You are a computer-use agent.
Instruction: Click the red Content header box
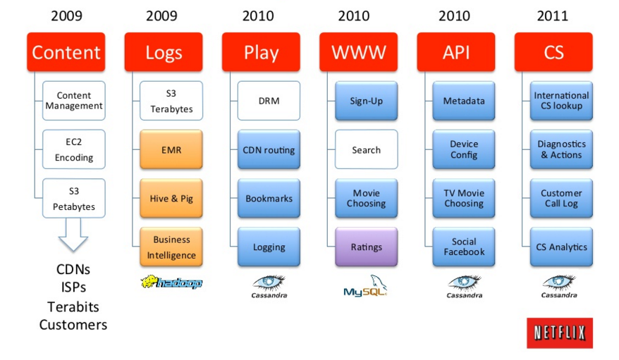pyautogui.click(x=66, y=52)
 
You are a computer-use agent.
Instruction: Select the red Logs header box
pyautogui.click(x=164, y=52)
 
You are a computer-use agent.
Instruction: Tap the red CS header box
pyautogui.click(x=553, y=52)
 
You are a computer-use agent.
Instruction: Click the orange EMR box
pyautogui.click(x=171, y=149)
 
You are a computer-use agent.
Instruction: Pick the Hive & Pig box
pyautogui.click(x=171, y=199)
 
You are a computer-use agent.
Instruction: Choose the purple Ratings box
pyautogui.click(x=367, y=247)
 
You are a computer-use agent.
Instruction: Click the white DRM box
pyautogui.click(x=269, y=101)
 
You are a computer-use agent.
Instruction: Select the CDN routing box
pyautogui.click(x=269, y=149)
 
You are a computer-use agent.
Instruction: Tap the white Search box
pyautogui.click(x=367, y=149)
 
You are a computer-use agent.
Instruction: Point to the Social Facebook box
pyautogui.click(x=464, y=247)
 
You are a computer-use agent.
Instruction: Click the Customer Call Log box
pyautogui.click(x=561, y=199)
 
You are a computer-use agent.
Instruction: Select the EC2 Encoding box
pyautogui.click(x=74, y=149)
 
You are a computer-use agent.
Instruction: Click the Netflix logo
pyautogui.click(x=560, y=333)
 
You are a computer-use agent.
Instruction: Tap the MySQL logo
pyautogui.click(x=365, y=286)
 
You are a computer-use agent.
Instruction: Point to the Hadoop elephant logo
pyautogui.click(x=171, y=282)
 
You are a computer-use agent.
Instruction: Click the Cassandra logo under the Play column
pyautogui.click(x=269, y=287)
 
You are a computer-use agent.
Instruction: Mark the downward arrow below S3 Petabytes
pyautogui.click(x=73, y=235)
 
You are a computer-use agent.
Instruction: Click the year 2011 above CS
pyautogui.click(x=552, y=15)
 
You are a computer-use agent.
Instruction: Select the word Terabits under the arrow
pyautogui.click(x=73, y=306)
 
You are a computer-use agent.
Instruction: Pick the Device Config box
pyautogui.click(x=464, y=149)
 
